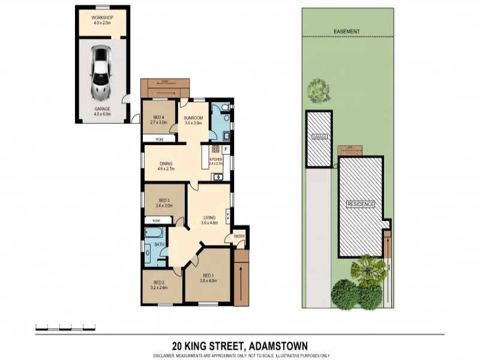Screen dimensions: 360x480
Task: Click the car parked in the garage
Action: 100,73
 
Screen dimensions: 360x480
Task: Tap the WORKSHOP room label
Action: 102,20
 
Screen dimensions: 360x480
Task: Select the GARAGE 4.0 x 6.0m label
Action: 102,111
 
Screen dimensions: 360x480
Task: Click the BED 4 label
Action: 158,119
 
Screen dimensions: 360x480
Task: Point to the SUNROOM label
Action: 193,119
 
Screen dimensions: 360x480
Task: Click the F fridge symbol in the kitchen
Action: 226,149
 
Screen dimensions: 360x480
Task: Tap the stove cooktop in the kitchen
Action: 215,149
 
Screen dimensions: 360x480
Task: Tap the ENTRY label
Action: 239,236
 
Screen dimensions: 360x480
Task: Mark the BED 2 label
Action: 159,285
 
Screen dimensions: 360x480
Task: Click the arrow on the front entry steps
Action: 241,281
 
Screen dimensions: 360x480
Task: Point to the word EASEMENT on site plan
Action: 346,31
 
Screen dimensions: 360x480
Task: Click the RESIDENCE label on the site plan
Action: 361,205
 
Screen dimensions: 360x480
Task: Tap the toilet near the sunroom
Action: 223,109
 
